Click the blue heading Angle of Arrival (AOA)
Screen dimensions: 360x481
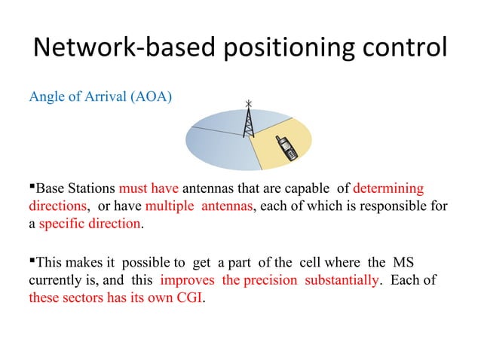coord(100,97)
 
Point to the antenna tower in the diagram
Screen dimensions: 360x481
coord(248,121)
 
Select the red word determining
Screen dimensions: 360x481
coord(388,188)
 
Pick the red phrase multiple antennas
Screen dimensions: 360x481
coord(200,206)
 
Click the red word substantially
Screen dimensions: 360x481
coord(339,280)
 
